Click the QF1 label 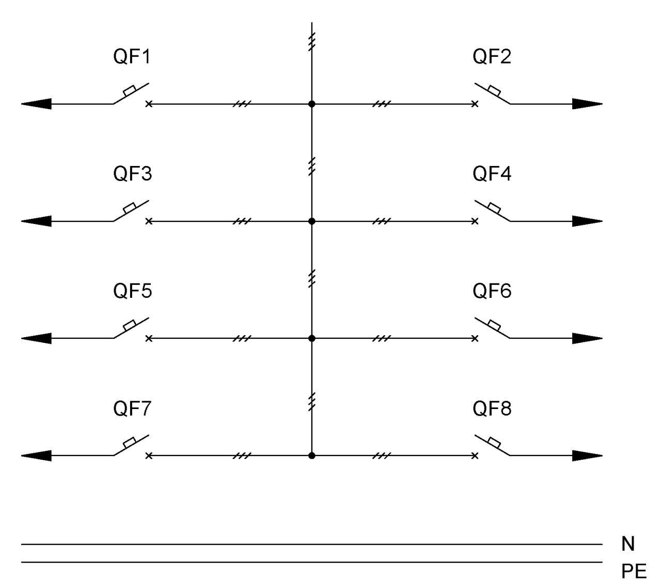132,56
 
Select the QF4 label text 492,173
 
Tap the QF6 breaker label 492,291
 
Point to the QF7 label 132,408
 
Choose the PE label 634,571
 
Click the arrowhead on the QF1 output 36,104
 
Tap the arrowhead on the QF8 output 587,456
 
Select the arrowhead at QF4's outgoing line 587,221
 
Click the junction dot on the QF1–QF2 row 311,104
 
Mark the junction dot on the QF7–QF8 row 311,456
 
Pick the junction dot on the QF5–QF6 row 311,338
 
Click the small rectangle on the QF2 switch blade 494,91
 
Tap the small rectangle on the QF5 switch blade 130,325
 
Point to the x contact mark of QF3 149,221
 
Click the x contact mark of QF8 475,456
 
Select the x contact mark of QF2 475,104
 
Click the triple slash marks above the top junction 311,42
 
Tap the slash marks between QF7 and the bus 242,456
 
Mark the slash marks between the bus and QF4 382,221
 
